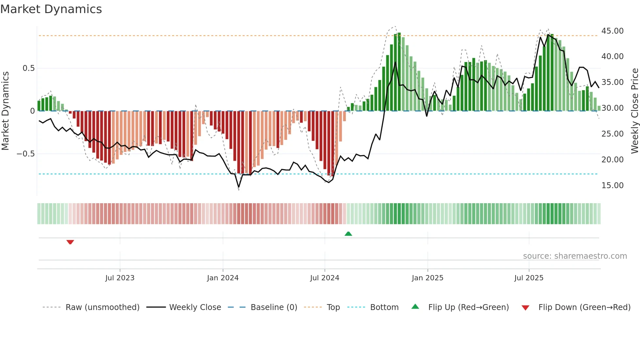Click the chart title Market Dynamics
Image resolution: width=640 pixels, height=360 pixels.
51,9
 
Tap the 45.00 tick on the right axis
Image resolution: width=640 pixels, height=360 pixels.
612,31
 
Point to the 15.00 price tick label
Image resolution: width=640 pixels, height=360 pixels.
612,186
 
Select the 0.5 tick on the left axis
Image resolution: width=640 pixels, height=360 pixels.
28,68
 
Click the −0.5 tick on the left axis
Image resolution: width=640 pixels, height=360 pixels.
26,154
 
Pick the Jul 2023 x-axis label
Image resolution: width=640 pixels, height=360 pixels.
120,278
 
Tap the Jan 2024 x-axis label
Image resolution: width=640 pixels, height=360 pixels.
223,278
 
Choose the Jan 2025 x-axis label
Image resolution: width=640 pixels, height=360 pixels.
427,278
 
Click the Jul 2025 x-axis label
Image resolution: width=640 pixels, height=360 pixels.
529,278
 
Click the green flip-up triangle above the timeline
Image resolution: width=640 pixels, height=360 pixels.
348,234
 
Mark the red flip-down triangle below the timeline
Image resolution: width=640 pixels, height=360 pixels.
70,242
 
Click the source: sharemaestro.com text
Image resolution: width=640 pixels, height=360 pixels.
575,256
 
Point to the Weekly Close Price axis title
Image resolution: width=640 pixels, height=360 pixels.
634,111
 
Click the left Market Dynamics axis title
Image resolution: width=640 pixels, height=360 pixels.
5,111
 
